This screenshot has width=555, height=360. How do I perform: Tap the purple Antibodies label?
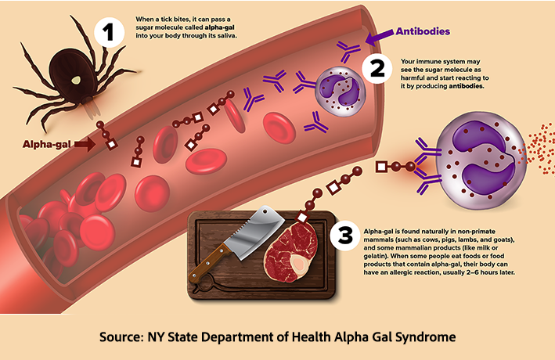(x=422, y=32)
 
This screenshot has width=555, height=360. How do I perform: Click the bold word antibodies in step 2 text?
(x=467, y=85)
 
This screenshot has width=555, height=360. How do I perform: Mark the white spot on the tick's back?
(x=75, y=78)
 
